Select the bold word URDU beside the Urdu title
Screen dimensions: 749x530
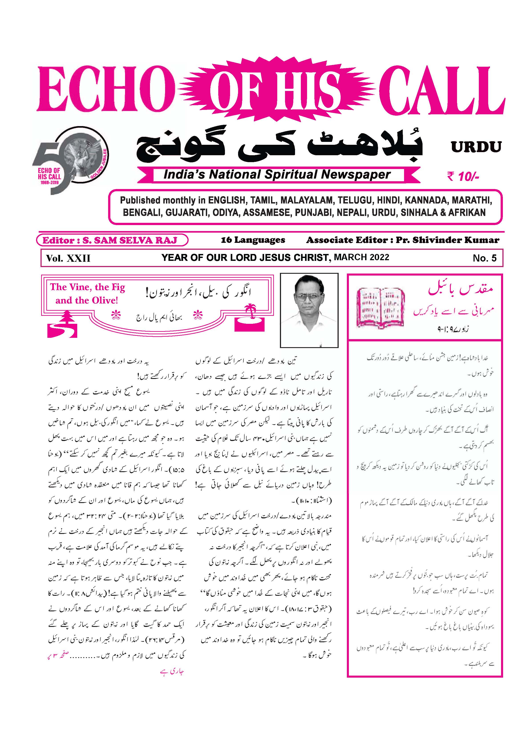tap(476, 147)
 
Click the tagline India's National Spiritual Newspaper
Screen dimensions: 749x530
tap(277, 175)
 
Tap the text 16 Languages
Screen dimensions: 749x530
tap(253, 240)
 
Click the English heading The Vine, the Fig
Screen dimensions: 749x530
tap(87, 287)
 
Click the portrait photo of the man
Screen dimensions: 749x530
tap(309, 310)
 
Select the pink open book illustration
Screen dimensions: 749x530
tap(380, 308)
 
